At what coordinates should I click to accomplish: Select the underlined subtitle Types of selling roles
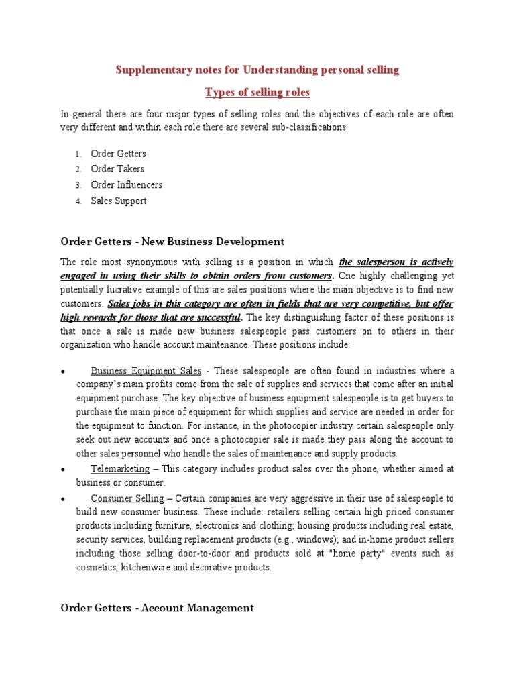(257, 92)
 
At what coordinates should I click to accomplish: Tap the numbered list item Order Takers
(117, 169)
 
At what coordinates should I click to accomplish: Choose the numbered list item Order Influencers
(126, 185)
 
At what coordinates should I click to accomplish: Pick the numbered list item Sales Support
(119, 201)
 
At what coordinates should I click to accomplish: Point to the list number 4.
(78, 201)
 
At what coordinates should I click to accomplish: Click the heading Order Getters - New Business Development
(172, 242)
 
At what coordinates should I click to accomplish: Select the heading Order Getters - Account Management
(157, 608)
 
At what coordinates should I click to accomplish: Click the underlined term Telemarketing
(120, 470)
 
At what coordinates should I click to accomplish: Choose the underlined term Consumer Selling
(127, 498)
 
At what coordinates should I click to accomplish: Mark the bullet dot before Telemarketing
(62, 470)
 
